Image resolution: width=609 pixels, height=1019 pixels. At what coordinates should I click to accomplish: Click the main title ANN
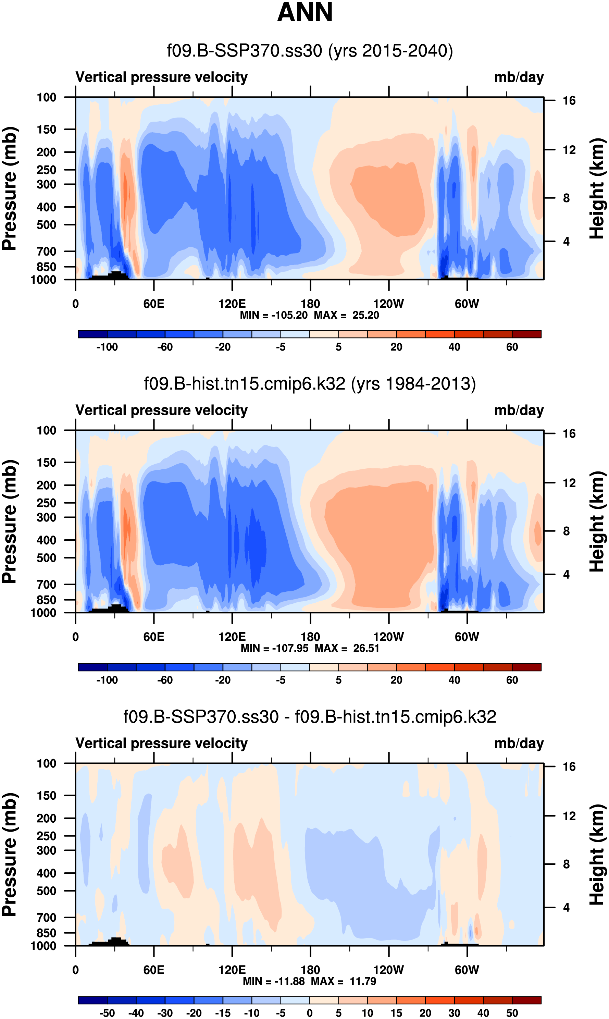(305, 12)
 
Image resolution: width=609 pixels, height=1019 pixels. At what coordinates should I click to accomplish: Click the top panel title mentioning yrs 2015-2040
(310, 51)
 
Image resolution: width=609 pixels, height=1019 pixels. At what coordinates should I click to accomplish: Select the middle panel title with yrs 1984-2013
(310, 384)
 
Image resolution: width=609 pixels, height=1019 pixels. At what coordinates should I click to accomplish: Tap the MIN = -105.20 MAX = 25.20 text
(309, 315)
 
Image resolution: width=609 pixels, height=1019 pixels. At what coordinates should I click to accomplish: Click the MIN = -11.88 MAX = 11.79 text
(309, 981)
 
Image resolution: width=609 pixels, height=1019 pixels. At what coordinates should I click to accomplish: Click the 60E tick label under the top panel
(154, 304)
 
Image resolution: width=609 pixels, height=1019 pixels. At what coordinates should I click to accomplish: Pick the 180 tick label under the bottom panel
(310, 970)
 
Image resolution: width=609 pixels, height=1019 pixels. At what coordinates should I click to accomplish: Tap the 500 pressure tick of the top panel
(46, 225)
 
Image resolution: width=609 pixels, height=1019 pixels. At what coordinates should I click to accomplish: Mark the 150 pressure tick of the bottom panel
(46, 795)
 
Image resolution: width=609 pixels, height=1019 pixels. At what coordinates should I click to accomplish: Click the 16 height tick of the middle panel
(569, 434)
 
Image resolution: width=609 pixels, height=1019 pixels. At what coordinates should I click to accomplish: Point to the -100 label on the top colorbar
(107, 347)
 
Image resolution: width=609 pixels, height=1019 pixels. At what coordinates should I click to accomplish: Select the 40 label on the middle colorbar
(454, 680)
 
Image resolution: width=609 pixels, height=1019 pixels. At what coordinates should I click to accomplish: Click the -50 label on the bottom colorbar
(107, 1013)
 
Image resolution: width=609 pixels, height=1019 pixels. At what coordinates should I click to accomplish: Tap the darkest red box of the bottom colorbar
(526, 1000)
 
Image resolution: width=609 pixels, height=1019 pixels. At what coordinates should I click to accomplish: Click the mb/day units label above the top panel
(519, 77)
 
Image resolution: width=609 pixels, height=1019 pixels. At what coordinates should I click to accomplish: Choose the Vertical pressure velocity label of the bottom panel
(162, 743)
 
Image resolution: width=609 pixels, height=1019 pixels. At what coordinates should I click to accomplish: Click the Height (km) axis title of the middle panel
(597, 521)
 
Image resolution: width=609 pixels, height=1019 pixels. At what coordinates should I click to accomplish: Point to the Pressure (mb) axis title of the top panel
(9, 188)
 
